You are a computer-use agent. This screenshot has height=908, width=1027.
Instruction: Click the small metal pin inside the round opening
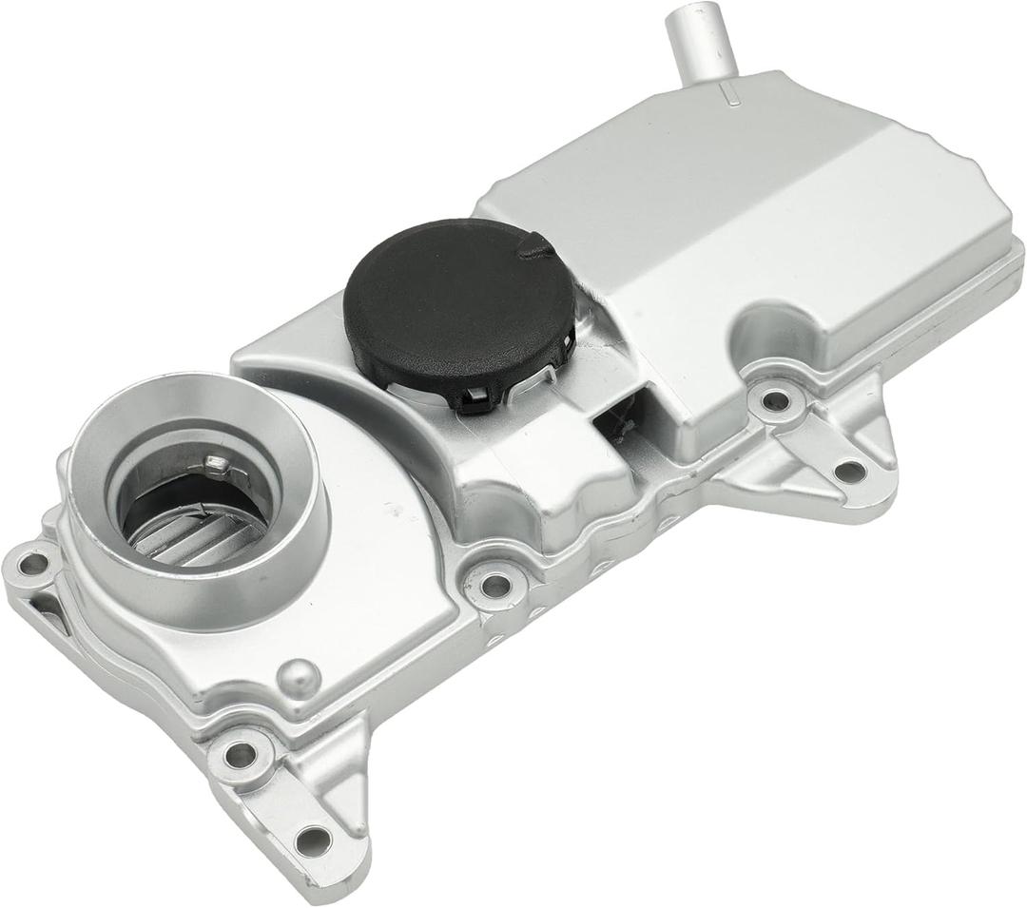tap(218, 464)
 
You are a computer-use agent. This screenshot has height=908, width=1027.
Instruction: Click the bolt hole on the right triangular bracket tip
tap(849, 470)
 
